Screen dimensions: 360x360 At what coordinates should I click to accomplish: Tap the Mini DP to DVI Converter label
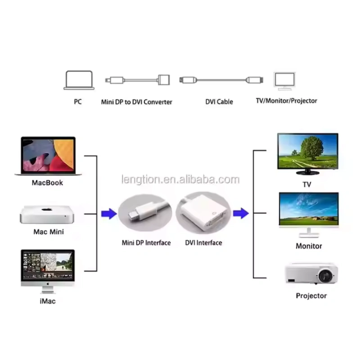click(137, 102)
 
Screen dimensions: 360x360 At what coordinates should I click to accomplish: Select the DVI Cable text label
click(219, 102)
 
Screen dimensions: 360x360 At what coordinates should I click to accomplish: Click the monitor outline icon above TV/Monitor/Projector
click(284, 81)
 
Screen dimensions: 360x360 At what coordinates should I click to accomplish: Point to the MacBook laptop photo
click(48, 156)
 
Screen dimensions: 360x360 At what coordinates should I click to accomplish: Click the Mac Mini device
click(47, 215)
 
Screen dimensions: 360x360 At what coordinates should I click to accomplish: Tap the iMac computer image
click(48, 271)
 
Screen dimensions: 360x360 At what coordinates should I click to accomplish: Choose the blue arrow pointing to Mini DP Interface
click(109, 214)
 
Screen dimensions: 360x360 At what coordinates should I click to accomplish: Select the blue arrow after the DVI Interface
click(241, 213)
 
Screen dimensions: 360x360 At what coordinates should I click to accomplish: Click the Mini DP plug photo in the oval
click(145, 212)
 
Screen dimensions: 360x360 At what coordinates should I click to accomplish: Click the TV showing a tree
click(308, 154)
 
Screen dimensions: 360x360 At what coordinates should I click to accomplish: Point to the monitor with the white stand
click(309, 215)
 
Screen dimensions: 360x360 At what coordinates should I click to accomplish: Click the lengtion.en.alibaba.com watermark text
click(180, 180)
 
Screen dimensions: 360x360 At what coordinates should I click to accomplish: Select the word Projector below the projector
click(311, 296)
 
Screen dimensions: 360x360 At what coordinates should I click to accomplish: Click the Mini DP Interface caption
click(146, 243)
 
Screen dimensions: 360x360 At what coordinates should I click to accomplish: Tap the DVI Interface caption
click(204, 243)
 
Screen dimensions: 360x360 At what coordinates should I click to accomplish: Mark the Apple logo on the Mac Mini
click(47, 209)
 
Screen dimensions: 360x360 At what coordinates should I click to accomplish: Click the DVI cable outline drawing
click(221, 80)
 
